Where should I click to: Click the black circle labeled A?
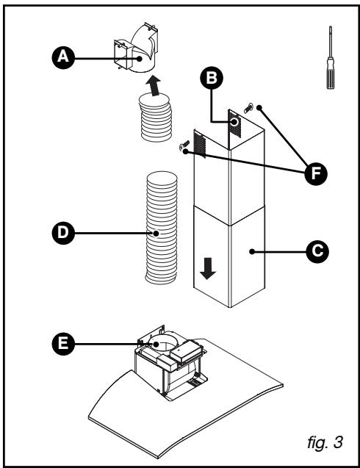click(x=63, y=57)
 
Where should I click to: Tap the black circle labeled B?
click(x=212, y=78)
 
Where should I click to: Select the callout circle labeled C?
click(x=317, y=251)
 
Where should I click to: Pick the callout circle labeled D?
click(x=63, y=233)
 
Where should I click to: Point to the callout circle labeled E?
click(x=63, y=344)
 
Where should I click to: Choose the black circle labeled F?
click(x=316, y=173)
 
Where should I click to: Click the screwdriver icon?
click(x=330, y=57)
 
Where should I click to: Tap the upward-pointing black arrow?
click(x=154, y=85)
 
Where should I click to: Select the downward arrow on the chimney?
click(x=208, y=268)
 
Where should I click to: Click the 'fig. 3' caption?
click(x=325, y=442)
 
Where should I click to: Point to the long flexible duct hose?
click(x=161, y=228)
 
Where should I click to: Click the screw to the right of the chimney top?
click(x=248, y=108)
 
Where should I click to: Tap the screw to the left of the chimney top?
click(x=184, y=145)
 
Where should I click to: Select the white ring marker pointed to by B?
click(x=234, y=122)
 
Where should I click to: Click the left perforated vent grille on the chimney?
click(x=200, y=145)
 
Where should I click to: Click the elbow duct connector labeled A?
click(x=137, y=48)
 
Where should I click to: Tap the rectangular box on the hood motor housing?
click(x=185, y=351)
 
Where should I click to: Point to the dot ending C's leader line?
click(x=252, y=251)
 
